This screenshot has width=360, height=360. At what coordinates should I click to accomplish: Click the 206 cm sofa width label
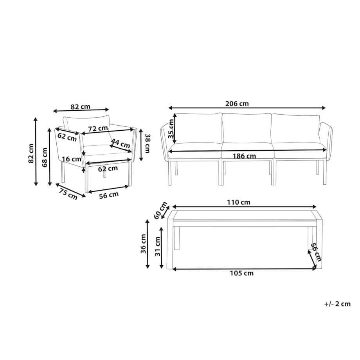[x=237, y=104]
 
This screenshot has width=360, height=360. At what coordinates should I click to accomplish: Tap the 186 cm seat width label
[x=244, y=156]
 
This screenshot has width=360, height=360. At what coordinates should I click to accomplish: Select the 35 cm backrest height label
[x=171, y=129]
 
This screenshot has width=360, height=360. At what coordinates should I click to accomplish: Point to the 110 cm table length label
[x=239, y=202]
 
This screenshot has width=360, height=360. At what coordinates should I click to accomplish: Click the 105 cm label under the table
[x=242, y=273]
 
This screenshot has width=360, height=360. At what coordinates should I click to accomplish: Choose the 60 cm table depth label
[x=160, y=210]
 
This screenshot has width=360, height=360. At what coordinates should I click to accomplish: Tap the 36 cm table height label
[x=143, y=244]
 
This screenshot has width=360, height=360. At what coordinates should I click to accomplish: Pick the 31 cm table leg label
[x=157, y=247]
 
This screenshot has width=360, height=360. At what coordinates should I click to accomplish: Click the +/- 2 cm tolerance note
[x=337, y=304]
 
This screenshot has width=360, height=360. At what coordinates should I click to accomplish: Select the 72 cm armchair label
[x=98, y=129]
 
